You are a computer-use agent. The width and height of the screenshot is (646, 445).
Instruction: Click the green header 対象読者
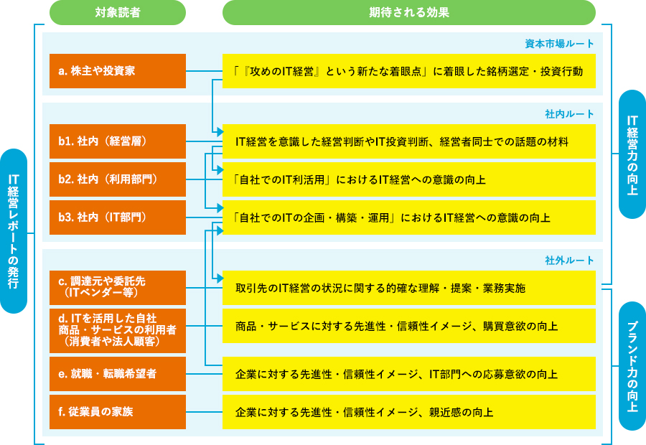click(118, 12)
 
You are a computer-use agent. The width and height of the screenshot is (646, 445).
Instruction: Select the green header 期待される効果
click(408, 12)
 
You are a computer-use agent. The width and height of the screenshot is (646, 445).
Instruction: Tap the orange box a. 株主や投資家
click(118, 71)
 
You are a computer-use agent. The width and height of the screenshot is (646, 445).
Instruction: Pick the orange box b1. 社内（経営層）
click(118, 141)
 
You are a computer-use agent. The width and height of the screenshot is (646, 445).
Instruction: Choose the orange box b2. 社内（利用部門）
click(118, 179)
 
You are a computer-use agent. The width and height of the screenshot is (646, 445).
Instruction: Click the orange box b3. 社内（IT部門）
click(118, 217)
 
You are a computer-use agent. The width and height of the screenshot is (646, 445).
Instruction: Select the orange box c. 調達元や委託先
click(118, 287)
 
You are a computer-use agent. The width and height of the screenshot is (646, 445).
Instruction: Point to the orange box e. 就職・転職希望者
click(118, 374)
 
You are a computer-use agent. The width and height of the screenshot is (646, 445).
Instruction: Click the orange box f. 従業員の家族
click(118, 412)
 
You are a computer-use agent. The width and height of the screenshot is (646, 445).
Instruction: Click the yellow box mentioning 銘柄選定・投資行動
click(408, 71)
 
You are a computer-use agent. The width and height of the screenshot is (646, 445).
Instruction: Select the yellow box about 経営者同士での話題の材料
click(408, 141)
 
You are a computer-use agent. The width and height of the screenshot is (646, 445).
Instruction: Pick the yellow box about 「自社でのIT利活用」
click(408, 179)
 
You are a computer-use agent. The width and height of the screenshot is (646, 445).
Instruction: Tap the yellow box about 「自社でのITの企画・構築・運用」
click(408, 217)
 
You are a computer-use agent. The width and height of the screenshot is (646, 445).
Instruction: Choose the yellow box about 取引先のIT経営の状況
click(408, 288)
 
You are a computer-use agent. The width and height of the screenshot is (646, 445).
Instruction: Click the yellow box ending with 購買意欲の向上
click(408, 326)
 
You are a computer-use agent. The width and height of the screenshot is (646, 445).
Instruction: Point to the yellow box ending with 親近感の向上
click(408, 412)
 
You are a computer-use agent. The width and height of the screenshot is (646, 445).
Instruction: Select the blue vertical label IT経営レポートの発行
click(14, 230)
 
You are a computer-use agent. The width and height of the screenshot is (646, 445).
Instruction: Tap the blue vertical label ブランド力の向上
click(632, 366)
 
